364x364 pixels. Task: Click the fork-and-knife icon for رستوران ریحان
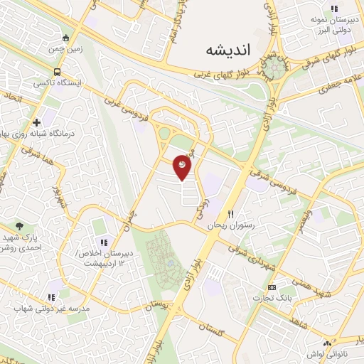(x=230, y=213)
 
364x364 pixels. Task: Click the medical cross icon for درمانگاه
(x=36, y=122)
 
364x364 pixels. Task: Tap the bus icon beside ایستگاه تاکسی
(x=56, y=72)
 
